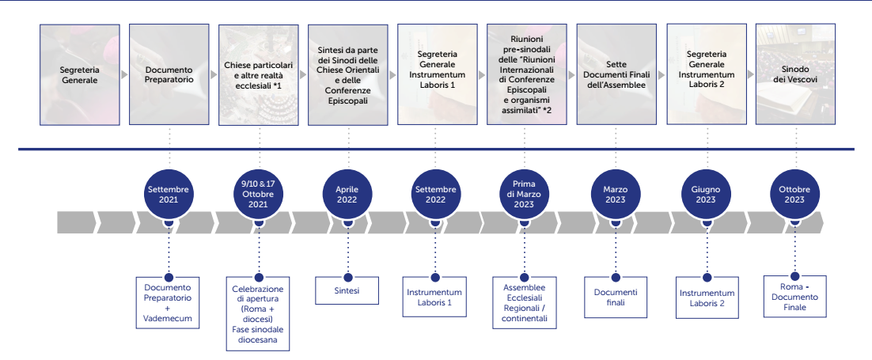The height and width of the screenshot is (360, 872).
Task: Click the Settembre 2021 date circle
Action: click(x=169, y=195)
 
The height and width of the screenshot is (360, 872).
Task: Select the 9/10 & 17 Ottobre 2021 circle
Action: click(x=259, y=195)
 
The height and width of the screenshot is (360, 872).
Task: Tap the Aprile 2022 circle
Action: click(x=347, y=195)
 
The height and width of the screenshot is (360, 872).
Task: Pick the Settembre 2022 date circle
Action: click(x=435, y=195)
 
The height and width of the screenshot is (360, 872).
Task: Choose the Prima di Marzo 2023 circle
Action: click(x=524, y=195)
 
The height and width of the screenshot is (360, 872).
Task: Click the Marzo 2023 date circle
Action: click(x=615, y=195)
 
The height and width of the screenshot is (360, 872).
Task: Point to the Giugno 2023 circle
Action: click(x=705, y=195)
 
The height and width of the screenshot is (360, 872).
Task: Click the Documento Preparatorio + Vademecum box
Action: click(x=168, y=302)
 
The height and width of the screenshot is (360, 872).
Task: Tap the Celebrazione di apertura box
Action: click(x=259, y=313)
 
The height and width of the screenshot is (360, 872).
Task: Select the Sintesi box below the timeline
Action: click(x=347, y=290)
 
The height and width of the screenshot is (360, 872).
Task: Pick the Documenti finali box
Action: click(x=615, y=297)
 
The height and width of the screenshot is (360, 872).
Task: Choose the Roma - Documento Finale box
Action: click(x=794, y=297)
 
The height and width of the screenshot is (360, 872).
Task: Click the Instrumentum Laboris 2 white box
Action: click(x=707, y=297)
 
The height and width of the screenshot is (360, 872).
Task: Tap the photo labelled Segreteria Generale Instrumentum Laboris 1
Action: click(x=437, y=74)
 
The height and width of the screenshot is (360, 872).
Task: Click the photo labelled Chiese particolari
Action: click(x=259, y=74)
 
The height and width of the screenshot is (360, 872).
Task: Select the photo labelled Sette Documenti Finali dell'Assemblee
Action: click(x=616, y=74)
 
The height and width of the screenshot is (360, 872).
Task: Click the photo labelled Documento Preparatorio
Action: click(x=169, y=74)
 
